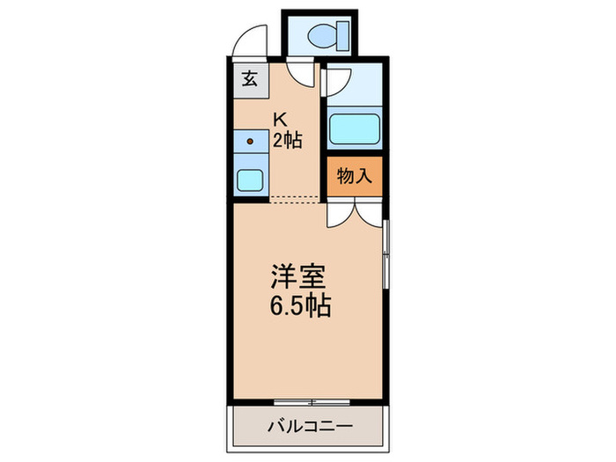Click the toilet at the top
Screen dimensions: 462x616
(330, 34)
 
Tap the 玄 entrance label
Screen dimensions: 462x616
(248, 78)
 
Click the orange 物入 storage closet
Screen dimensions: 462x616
(355, 176)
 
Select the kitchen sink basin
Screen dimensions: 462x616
(250, 180)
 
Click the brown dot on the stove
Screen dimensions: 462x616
(250, 141)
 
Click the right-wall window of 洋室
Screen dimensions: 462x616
(385, 255)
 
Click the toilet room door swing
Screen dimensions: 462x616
(302, 75)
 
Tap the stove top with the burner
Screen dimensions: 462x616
(250, 141)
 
